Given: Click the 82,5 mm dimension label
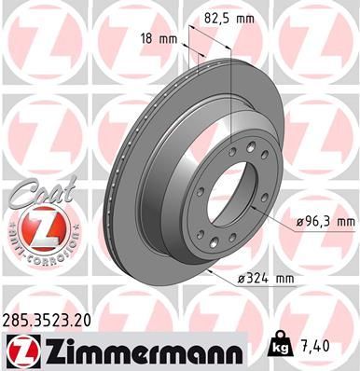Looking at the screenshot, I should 229,18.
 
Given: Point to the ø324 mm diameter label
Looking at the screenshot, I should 255,279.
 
